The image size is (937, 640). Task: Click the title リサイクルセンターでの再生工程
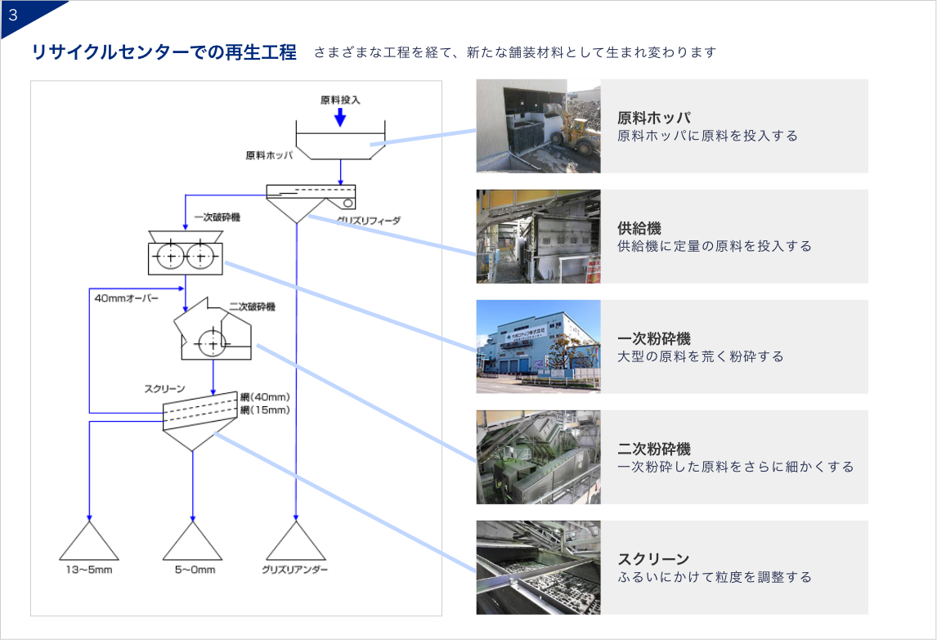[x=164, y=52]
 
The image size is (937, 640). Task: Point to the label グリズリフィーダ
[x=368, y=220]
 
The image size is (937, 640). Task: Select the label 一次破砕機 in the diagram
[x=217, y=218]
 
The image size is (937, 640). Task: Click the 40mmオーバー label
[x=126, y=298]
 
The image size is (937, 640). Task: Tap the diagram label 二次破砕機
[x=252, y=307]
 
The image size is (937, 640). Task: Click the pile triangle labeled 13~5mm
[x=88, y=541]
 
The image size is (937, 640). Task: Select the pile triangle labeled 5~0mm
[x=194, y=541]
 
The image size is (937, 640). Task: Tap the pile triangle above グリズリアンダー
[x=296, y=541]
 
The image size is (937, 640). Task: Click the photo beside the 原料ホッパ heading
[x=538, y=126]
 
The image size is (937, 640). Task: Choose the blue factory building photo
[x=538, y=347]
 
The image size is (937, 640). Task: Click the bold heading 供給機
[x=639, y=229]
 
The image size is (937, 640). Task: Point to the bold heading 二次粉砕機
[x=654, y=449]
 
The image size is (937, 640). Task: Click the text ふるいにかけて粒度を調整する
[x=715, y=577]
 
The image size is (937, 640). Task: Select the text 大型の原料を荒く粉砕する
[x=701, y=356]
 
